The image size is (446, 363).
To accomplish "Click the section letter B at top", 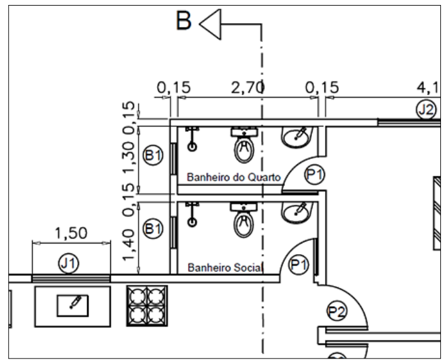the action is click(x=184, y=20).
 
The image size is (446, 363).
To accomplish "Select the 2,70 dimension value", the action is click(x=247, y=88).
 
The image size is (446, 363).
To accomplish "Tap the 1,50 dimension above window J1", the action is click(x=71, y=233).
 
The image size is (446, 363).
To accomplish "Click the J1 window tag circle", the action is click(x=68, y=263).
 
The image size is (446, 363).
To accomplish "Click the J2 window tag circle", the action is click(x=426, y=110).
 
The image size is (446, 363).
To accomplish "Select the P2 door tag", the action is click(x=337, y=312).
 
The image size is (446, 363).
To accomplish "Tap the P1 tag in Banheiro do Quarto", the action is click(x=314, y=174).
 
